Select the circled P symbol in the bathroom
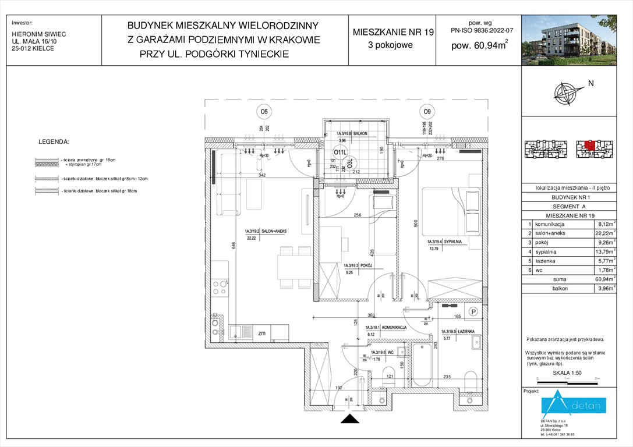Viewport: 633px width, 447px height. [x=474, y=311]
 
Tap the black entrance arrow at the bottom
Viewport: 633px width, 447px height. [x=349, y=420]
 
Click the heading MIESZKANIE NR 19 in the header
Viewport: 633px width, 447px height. [x=393, y=33]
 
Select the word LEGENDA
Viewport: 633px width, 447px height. [x=54, y=141]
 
